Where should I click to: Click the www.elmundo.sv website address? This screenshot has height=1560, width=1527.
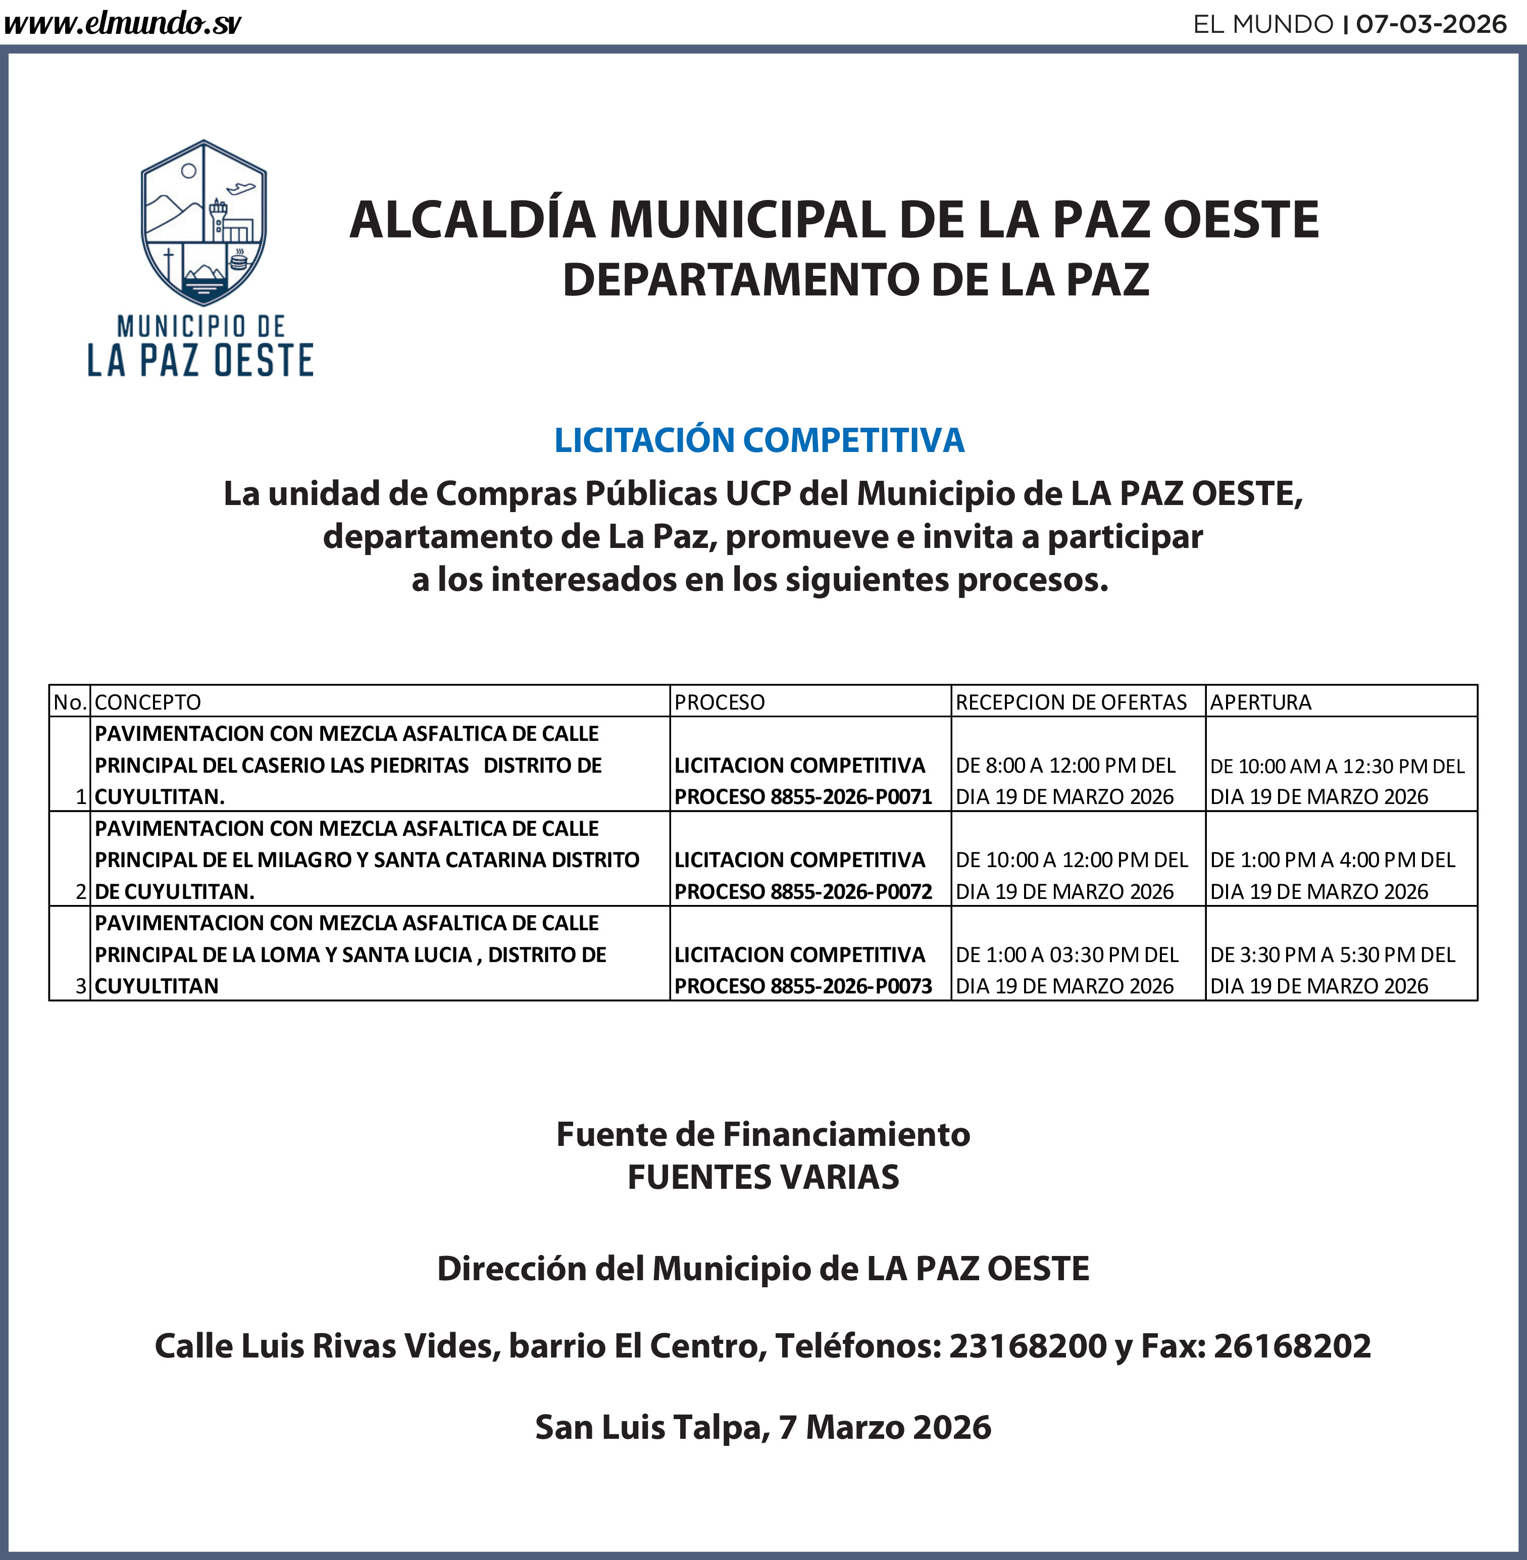click(122, 24)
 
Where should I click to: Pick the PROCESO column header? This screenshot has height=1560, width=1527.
click(720, 702)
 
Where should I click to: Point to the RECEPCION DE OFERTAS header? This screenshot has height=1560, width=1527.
click(1071, 702)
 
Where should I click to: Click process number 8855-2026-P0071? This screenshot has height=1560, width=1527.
click(851, 796)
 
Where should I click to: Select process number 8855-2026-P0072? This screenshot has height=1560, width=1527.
click(851, 891)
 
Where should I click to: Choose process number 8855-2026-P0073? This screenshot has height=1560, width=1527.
click(851, 986)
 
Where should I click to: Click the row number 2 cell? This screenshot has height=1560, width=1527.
click(81, 891)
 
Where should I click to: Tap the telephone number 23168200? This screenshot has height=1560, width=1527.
click(1028, 1346)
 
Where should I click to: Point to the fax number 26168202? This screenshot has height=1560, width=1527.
click(1292, 1346)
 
